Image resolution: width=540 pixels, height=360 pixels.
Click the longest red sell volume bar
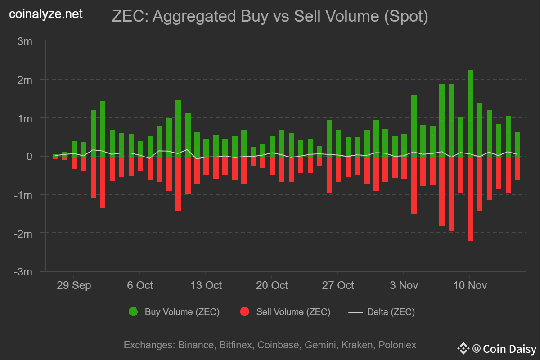[471, 198]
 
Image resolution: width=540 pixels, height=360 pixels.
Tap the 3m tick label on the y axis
[25, 41]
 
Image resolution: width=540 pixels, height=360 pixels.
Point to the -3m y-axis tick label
[23, 272]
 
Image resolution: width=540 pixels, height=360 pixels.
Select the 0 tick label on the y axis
[29, 157]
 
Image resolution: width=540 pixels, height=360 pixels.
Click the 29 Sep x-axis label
[73, 285]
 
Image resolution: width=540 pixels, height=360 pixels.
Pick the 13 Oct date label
[206, 285]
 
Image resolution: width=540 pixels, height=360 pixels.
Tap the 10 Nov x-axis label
[469, 285]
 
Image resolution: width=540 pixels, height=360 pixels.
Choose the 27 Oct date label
[338, 285]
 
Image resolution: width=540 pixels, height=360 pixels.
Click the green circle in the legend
[133, 311]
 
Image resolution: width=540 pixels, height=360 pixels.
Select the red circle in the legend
[245, 311]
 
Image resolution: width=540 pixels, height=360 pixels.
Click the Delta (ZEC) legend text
[391, 311]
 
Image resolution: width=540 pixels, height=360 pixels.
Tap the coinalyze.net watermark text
[46, 14]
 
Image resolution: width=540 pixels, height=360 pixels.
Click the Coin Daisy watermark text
[509, 348]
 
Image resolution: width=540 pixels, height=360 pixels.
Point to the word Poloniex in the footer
[397, 345]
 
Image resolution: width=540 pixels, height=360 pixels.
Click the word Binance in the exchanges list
[196, 345]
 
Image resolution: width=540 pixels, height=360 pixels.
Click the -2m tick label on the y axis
[23, 234]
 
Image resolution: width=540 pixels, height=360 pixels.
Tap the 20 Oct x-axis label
[272, 285]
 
